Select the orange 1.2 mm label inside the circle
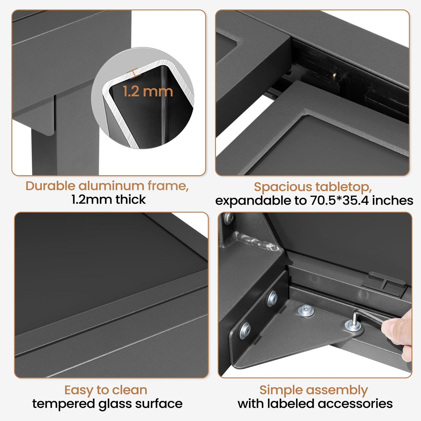[x=148, y=91]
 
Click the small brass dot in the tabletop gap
[x=334, y=75]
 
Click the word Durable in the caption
[x=51, y=186]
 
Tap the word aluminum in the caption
[x=111, y=186]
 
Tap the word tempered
[x=63, y=404]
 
